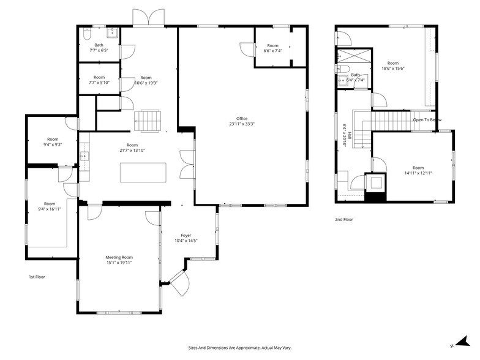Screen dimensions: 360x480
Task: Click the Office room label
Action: [242, 121]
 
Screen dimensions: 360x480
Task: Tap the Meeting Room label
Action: [119, 260]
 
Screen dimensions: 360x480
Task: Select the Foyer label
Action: [186, 238]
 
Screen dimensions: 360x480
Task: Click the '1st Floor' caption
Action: [37, 277]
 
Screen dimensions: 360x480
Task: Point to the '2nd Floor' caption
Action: [343, 219]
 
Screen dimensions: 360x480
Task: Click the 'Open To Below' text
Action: [427, 120]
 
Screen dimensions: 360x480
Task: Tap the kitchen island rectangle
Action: [143, 172]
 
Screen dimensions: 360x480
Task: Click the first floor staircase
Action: [147, 120]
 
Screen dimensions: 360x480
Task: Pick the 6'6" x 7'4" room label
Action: [272, 48]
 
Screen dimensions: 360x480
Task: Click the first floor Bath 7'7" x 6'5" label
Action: [99, 47]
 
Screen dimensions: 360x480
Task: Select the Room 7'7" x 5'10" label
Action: [99, 80]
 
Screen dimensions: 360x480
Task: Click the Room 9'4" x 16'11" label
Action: [49, 206]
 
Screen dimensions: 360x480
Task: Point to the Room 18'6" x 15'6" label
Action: [392, 66]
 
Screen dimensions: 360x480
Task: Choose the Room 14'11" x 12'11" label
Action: [418, 170]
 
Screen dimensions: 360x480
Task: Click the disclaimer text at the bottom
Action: [239, 347]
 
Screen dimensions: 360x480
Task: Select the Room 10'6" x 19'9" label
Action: [146, 80]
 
